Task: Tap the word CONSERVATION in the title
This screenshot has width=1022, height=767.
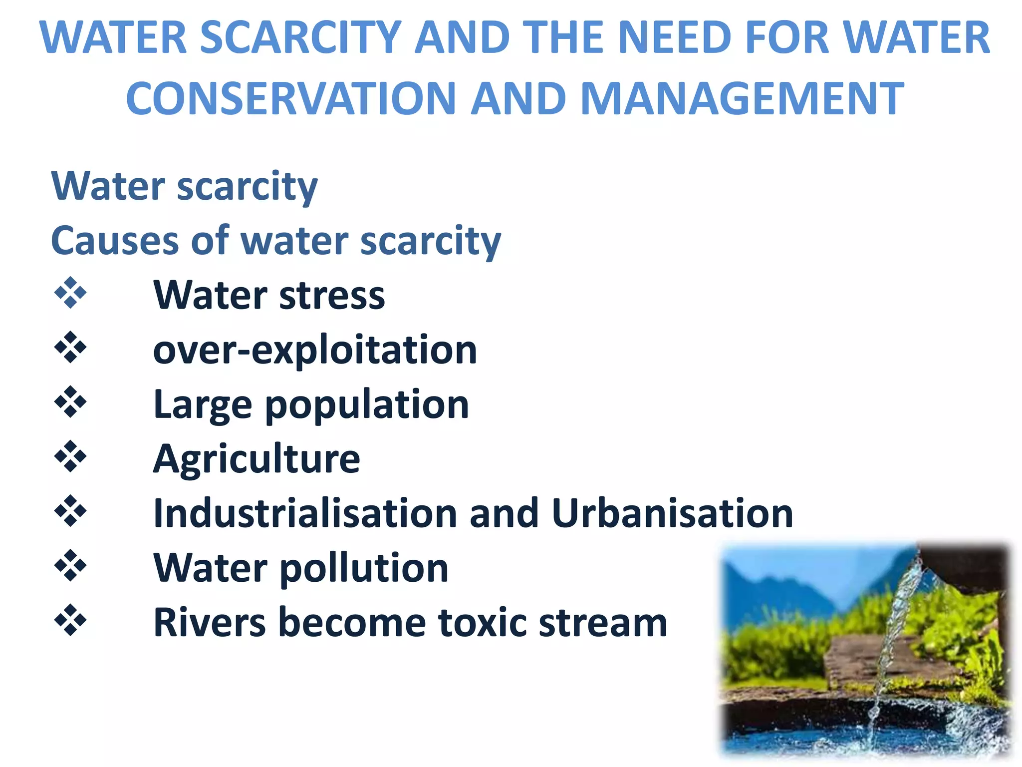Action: pyautogui.click(x=291, y=98)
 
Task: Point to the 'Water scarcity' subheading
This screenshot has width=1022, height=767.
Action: pyautogui.click(x=184, y=186)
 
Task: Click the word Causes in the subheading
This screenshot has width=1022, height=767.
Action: pyautogui.click(x=115, y=241)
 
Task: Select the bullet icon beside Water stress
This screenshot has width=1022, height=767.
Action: pyautogui.click(x=70, y=293)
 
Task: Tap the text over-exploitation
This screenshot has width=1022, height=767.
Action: pyautogui.click(x=315, y=350)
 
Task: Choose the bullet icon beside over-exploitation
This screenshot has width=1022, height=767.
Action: pyautogui.click(x=70, y=347)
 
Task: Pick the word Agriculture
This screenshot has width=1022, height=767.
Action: pyautogui.click(x=256, y=459)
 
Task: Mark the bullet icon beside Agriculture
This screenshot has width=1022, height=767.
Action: pyautogui.click(x=70, y=456)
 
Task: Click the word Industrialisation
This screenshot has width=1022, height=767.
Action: pyautogui.click(x=305, y=513)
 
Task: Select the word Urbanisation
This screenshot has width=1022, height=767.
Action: pyautogui.click(x=672, y=513)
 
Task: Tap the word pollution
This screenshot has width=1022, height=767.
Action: pyautogui.click(x=364, y=569)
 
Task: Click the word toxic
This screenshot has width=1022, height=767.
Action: pyautogui.click(x=482, y=623)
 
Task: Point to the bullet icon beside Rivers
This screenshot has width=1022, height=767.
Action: pyautogui.click(x=70, y=620)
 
